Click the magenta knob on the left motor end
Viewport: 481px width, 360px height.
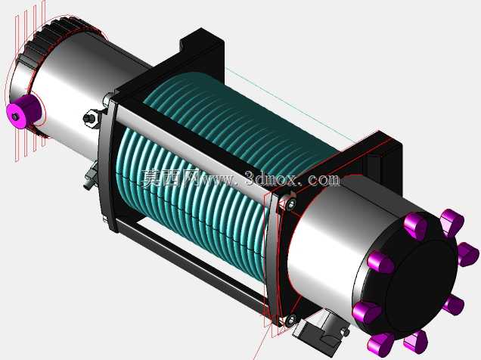coord(23,111)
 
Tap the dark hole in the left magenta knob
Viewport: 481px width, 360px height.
coord(14,116)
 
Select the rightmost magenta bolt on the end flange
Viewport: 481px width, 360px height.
coord(468,254)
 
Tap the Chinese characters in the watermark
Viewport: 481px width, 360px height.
coord(170,178)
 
